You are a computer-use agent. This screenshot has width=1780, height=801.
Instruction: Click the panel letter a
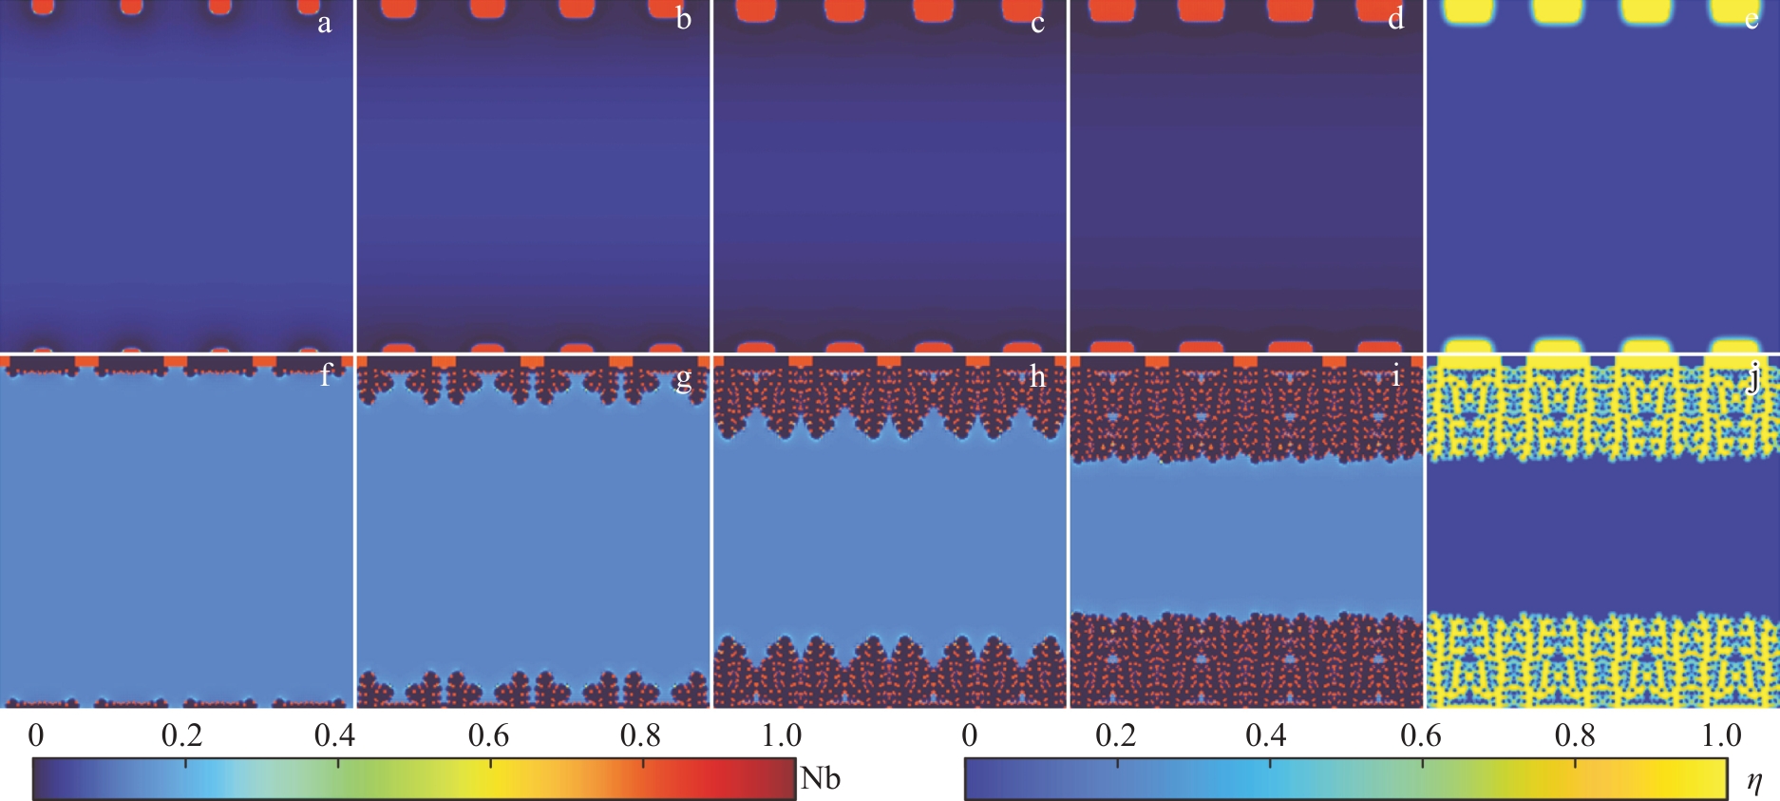325,23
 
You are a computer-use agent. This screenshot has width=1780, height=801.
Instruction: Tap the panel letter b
684,20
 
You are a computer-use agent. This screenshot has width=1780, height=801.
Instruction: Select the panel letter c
1037,23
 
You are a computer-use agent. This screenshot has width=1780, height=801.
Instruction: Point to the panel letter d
1395,20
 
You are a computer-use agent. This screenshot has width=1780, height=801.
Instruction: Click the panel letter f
326,375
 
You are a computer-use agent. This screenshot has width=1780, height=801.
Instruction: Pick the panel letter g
683,379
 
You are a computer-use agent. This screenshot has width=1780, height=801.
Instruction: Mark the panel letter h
1037,376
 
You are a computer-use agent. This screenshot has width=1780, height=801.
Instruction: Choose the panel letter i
1395,375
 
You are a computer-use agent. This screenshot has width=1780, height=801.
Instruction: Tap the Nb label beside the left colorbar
820,778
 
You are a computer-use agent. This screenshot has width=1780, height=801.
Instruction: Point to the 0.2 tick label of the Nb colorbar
181,735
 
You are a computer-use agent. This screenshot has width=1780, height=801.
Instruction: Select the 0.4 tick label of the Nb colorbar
334,735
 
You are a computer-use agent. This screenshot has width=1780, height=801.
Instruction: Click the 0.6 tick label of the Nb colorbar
488,735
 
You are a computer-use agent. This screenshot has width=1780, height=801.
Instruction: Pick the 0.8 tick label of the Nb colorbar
640,735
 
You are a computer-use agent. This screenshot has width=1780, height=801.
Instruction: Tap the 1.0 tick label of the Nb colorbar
782,735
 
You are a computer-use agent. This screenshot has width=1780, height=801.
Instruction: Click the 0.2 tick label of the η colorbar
1115,735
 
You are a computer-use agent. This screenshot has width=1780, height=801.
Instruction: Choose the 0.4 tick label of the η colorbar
1266,735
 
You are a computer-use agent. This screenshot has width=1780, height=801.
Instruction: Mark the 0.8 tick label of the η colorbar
1575,735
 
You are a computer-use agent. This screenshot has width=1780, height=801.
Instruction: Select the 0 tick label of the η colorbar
969,735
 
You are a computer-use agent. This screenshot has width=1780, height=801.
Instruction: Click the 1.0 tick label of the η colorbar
1720,735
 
